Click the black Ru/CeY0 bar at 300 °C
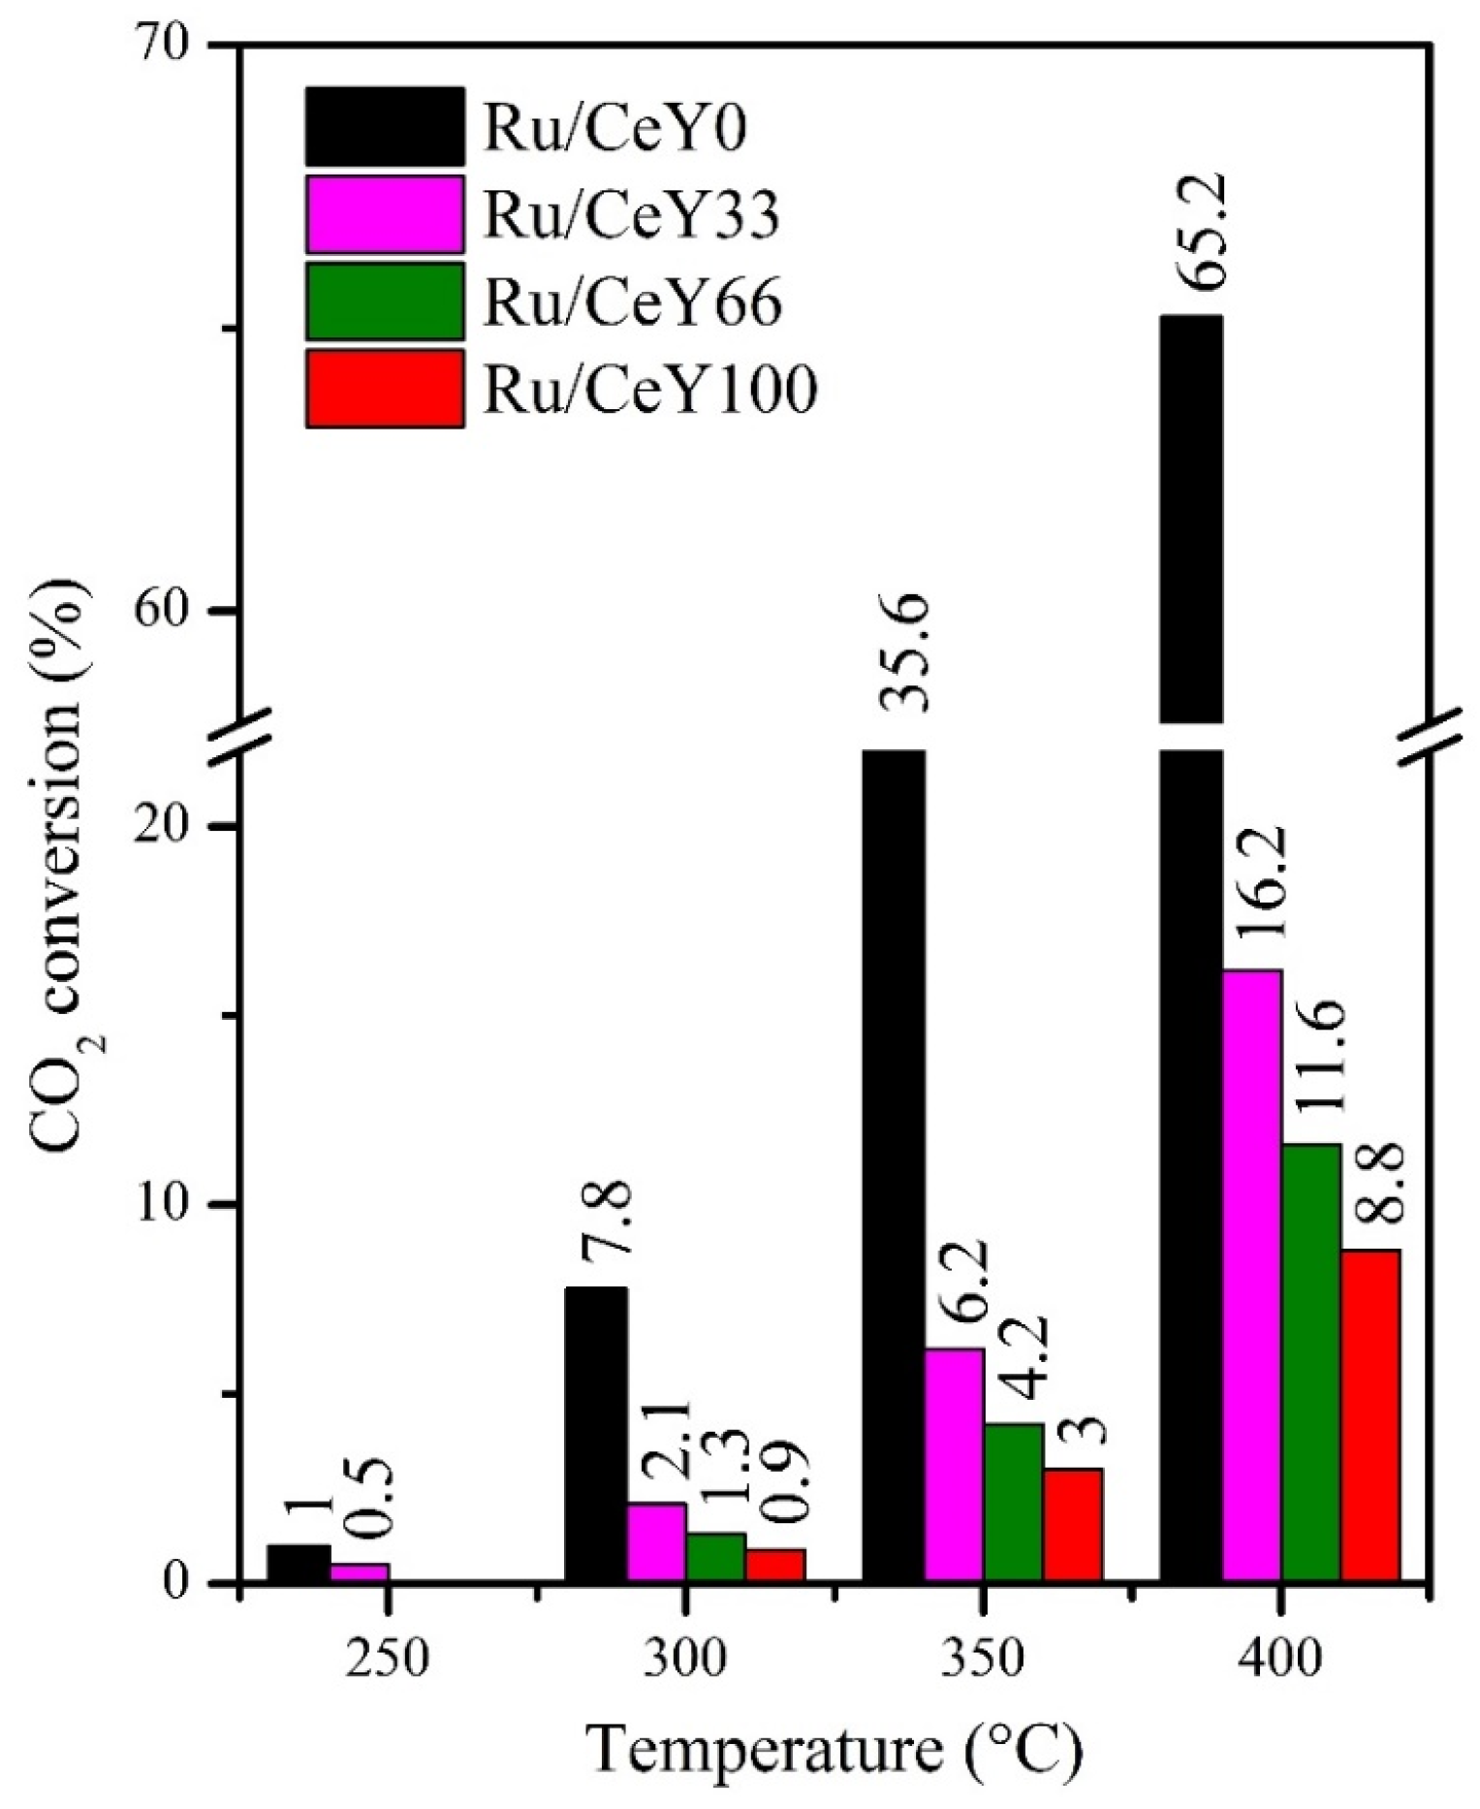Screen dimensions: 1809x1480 tap(595, 1434)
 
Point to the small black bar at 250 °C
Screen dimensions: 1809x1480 tap(299, 1563)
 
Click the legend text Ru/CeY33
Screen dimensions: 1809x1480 tap(631, 215)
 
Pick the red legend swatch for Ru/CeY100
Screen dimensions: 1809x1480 tap(385, 389)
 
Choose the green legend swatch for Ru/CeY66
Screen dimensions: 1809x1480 tap(385, 301)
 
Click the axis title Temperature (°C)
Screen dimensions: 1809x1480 tap(834, 1750)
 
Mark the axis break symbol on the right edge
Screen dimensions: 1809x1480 tap(1433, 736)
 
